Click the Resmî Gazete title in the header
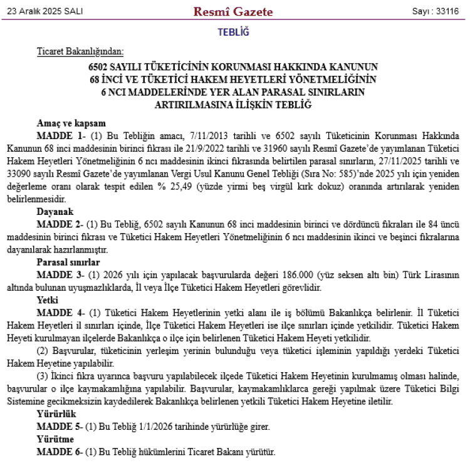click(x=233, y=12)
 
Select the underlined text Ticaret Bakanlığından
click(x=80, y=51)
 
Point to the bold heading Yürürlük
click(x=56, y=414)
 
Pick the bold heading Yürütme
click(x=56, y=439)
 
